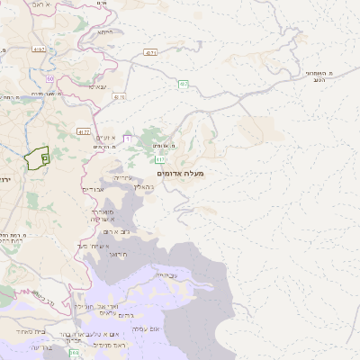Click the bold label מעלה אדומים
tap(180, 172)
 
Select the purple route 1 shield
tap(128, 139)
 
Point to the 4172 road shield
tap(84, 131)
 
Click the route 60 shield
tap(51, 78)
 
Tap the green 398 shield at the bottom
tap(73, 354)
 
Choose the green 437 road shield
tap(183, 84)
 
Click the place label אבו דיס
tap(94, 190)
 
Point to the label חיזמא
tap(105, 31)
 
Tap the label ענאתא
tap(97, 86)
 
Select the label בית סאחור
tap(27, 333)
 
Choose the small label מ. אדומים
tap(164, 145)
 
